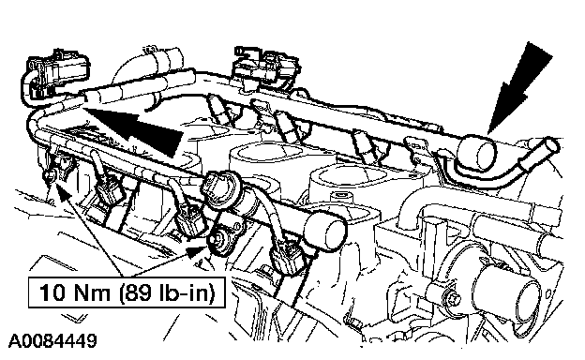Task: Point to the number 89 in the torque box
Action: [142, 292]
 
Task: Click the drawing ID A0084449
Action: [52, 340]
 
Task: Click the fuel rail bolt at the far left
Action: [49, 175]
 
